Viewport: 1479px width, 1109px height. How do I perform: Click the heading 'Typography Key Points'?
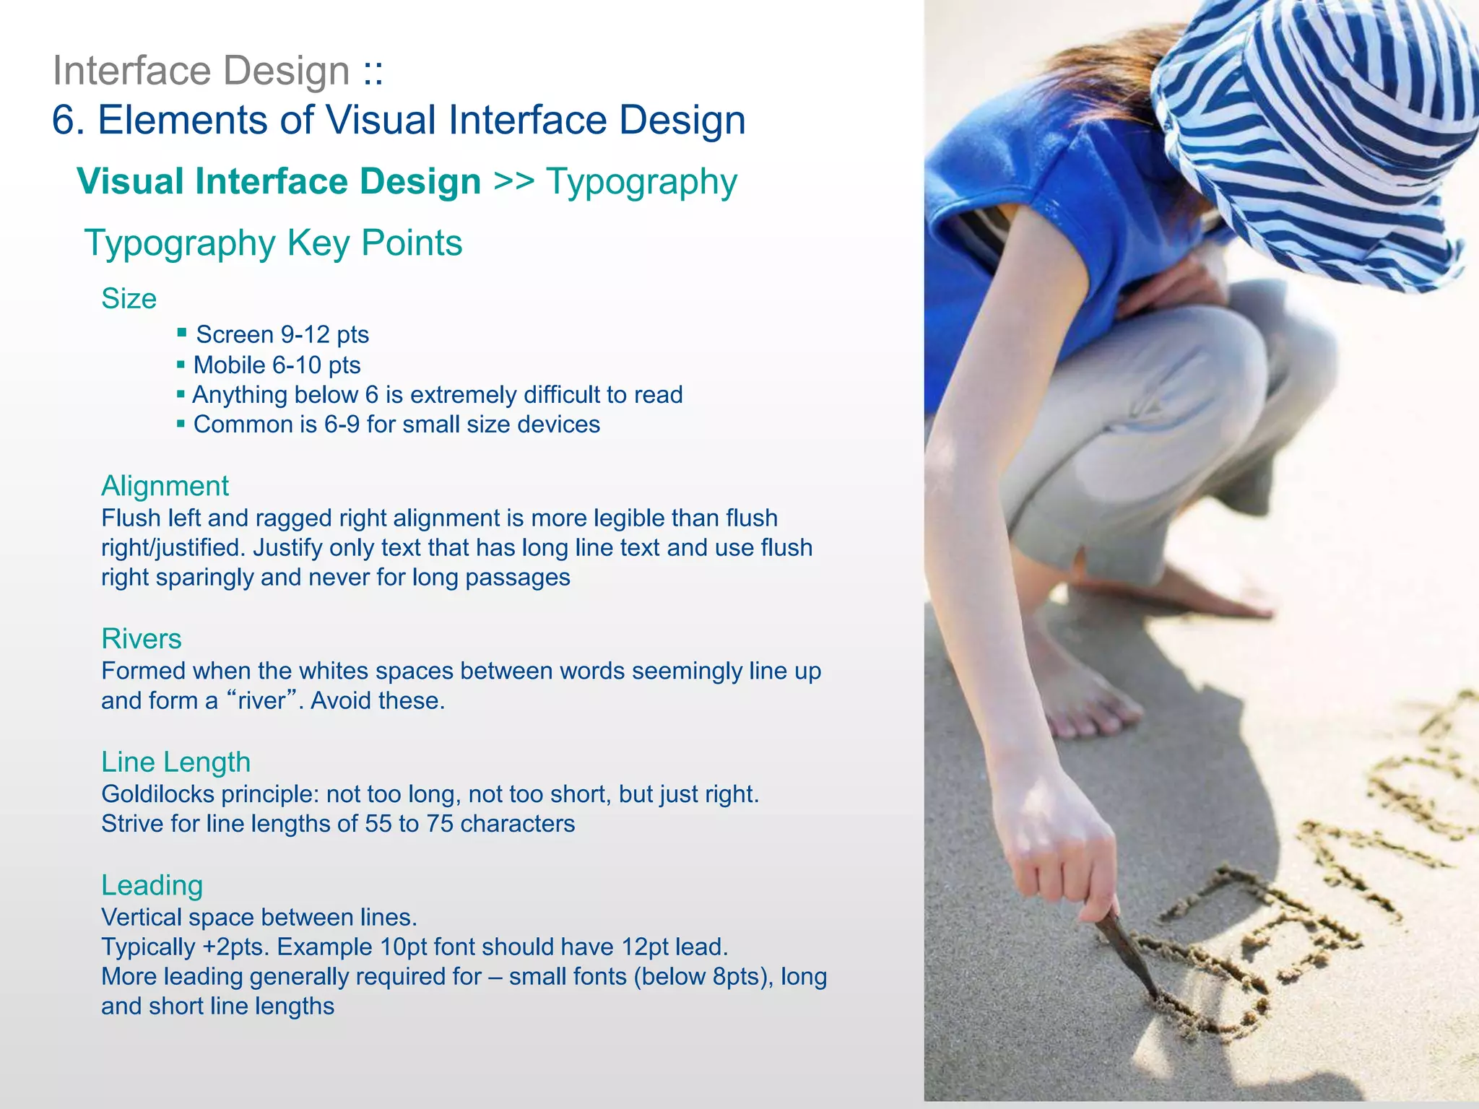point(273,243)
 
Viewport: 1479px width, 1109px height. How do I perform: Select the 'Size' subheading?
point(129,298)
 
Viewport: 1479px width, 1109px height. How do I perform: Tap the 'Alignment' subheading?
point(165,486)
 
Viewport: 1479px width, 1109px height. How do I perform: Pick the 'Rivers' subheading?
point(141,638)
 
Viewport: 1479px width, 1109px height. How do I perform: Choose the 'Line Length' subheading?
point(175,762)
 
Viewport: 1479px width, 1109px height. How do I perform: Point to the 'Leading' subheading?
point(152,885)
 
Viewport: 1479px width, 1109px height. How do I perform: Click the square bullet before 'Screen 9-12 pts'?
point(182,333)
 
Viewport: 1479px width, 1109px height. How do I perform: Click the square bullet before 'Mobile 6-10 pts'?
point(181,364)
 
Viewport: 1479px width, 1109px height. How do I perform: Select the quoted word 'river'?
point(261,701)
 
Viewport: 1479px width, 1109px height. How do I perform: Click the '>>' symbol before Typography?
point(513,181)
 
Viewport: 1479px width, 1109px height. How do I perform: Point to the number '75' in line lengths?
point(439,824)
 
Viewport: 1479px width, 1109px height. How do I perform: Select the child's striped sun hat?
point(1322,130)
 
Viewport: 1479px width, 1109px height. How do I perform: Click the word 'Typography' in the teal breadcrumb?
point(641,182)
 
